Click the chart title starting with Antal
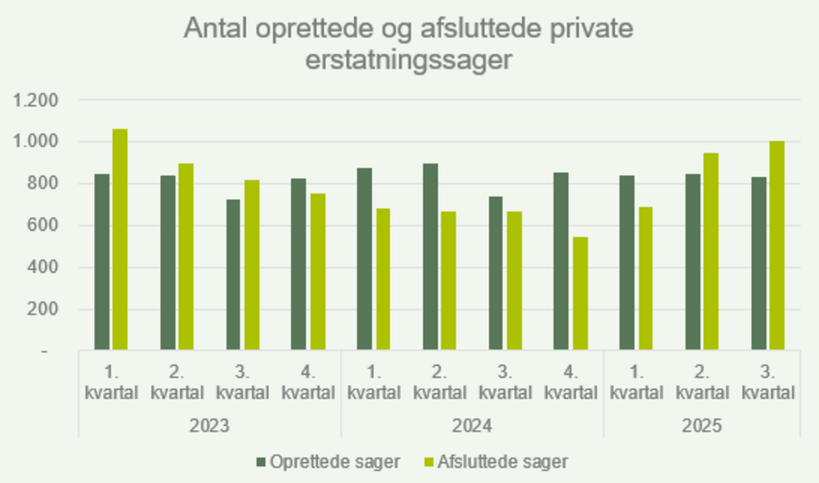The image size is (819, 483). pos(409,44)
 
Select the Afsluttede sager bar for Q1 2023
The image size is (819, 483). pos(120,240)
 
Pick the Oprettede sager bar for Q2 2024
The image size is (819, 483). pos(430,257)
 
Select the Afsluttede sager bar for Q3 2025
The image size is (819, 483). pos(777,246)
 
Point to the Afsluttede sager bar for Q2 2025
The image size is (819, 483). pos(711,251)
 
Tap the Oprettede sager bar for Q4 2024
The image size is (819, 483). pos(561,262)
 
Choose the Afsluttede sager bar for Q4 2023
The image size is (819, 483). pos(316,272)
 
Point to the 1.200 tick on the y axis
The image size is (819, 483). pos(36,100)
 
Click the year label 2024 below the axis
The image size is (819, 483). pos(473,426)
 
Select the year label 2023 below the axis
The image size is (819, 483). pos(210,426)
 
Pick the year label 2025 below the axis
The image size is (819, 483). pos(701,426)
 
